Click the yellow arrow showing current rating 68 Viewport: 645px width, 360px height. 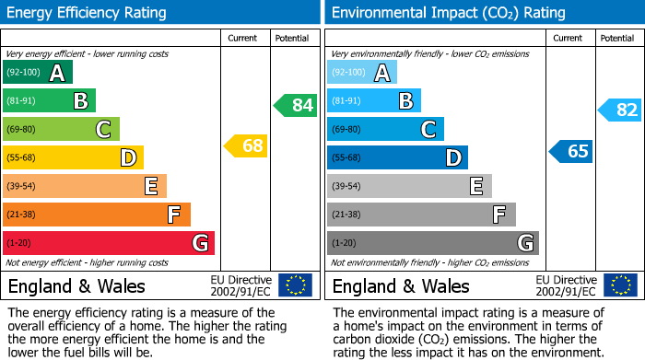pos(246,145)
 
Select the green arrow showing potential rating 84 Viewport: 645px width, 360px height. pos(296,105)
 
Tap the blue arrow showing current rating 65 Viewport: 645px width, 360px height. pos(570,151)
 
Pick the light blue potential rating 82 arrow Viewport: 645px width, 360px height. pos(620,110)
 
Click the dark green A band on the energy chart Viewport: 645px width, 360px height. pos(38,73)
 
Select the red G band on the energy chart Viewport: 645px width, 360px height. pos(109,243)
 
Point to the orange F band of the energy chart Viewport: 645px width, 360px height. pos(97,215)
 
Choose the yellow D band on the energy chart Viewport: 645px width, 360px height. pos(73,157)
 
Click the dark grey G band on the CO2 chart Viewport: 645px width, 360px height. pos(432,243)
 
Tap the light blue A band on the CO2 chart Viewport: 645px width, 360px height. pos(362,73)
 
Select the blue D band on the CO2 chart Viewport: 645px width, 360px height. pos(397,157)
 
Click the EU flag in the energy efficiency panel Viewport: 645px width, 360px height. pos(295,285)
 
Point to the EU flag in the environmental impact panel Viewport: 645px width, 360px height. pos(619,285)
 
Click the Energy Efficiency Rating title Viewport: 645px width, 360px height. pos(88,13)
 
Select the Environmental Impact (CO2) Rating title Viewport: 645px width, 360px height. pos(448,13)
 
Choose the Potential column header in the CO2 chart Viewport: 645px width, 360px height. pos(617,38)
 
